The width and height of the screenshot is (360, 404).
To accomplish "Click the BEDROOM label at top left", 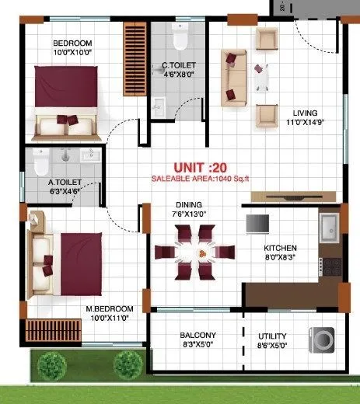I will click(x=72, y=42).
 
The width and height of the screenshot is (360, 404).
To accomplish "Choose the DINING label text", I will click(x=189, y=206).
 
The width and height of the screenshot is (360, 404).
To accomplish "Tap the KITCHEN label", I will click(x=280, y=249).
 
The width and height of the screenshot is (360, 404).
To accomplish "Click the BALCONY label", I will click(x=197, y=336).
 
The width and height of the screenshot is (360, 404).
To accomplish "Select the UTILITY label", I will click(x=272, y=336).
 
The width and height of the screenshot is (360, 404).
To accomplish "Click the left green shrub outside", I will click(x=52, y=362).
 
